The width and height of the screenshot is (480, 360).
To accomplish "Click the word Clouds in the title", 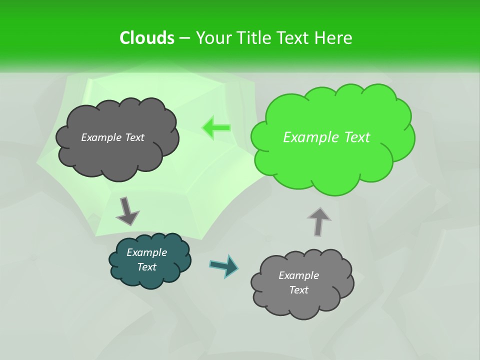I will click(x=147, y=38).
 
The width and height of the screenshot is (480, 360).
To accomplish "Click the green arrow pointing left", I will click(x=216, y=127).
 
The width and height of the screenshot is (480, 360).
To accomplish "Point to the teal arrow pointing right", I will click(x=224, y=265).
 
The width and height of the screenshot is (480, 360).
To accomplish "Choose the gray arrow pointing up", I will click(x=319, y=221).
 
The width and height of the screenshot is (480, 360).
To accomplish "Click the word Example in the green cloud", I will click(x=308, y=137).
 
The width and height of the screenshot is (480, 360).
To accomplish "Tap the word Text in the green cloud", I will click(x=354, y=137).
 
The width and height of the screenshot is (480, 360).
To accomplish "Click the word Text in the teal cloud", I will click(x=147, y=267).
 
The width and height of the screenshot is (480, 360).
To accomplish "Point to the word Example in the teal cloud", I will click(x=147, y=252).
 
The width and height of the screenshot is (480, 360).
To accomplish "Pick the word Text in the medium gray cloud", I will click(x=298, y=290).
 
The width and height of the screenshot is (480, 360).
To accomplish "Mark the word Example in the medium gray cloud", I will click(x=298, y=275).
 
